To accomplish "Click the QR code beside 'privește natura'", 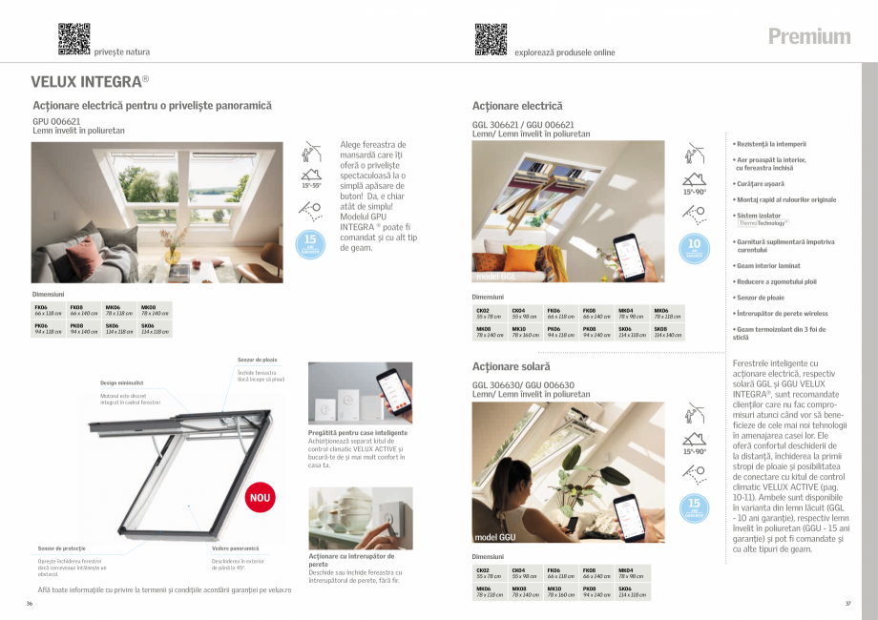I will [73, 38].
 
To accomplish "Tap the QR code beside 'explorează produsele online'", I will [491, 38].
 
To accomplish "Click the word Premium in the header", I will [809, 36].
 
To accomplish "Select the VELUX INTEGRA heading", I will [90, 81].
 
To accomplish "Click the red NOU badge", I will [260, 497].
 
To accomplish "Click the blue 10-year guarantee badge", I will [695, 248].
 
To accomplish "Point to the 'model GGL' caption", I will [495, 277].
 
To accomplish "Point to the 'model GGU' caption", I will [496, 537].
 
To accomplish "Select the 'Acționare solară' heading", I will [512, 366].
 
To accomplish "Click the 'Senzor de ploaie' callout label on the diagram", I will [257, 360].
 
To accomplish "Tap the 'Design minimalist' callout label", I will [122, 382].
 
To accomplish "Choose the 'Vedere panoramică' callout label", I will [235, 548].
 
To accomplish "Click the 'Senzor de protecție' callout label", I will [62, 548].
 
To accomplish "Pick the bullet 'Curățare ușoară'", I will [760, 182].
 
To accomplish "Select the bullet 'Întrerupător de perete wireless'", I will [782, 313].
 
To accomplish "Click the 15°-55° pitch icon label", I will [311, 185].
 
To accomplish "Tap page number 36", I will [30, 604].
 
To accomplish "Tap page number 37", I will [847, 604].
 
